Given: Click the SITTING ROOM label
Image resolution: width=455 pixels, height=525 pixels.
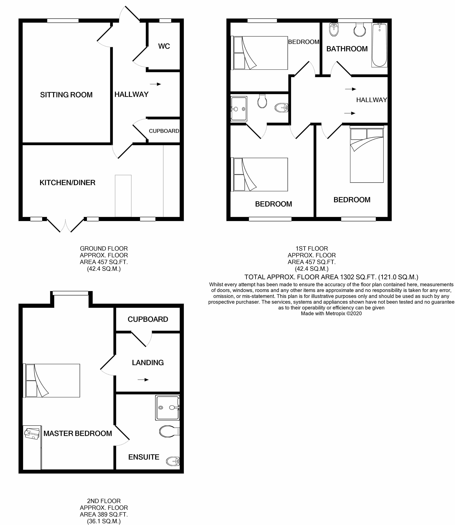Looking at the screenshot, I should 66,95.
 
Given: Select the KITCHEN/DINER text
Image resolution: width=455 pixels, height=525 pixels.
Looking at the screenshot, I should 67,183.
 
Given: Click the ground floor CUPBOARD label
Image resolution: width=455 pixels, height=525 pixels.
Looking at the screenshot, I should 164,131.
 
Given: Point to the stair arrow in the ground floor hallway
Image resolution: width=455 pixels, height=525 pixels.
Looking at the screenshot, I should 155,84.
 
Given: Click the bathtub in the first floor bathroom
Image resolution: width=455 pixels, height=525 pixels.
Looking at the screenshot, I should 379,45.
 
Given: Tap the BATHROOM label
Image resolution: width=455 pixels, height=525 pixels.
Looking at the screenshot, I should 347,49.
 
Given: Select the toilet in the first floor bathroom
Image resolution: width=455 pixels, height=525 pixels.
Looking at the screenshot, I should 360,30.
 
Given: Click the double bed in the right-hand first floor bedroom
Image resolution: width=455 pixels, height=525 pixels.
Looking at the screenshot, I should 367,155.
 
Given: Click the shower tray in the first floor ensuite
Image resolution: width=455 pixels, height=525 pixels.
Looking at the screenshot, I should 239,109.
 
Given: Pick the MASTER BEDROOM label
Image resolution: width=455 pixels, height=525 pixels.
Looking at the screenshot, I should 78,433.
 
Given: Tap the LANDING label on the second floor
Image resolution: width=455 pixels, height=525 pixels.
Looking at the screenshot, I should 148,363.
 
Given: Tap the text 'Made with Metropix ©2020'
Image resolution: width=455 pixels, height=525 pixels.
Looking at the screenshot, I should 331,313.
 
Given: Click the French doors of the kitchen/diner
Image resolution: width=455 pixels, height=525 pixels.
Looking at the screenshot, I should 65,225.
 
